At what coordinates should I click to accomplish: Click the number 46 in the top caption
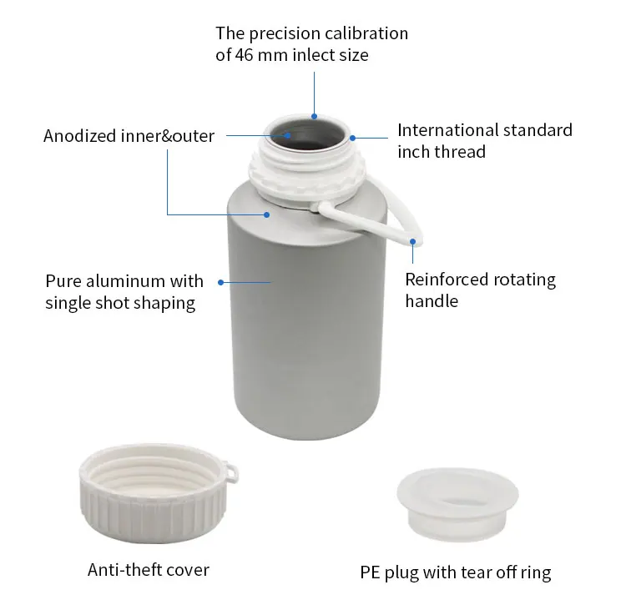[244, 55]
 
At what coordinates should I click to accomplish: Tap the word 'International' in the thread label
[447, 130]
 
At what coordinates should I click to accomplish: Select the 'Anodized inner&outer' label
[129, 136]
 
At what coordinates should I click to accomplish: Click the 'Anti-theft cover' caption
[149, 570]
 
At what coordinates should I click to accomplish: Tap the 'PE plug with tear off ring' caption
[456, 572]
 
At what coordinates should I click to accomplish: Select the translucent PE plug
[457, 504]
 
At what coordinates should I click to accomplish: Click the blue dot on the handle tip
[413, 241]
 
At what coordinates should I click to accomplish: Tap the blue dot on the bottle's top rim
[314, 116]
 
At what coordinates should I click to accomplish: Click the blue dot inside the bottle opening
[287, 135]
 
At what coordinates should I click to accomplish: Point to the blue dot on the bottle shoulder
[267, 214]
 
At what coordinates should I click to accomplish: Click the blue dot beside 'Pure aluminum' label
[220, 283]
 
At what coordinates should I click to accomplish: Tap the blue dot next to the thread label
[352, 138]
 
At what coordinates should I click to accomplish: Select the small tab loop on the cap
[231, 472]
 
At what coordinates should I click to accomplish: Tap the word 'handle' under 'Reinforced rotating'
[432, 301]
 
